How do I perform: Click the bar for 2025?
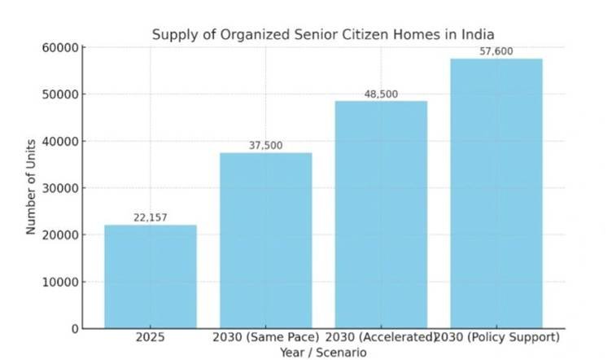pos(151,276)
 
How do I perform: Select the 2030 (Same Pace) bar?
pos(266,240)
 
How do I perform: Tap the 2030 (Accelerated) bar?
pos(381,215)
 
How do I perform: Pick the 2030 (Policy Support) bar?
pos(496,194)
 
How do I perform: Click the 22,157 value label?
pos(151,218)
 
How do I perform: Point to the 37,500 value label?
pos(266,146)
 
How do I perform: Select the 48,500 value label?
pos(381,94)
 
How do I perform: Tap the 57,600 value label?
pos(496,51)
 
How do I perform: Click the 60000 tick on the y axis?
pos(60,47)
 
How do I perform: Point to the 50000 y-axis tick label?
pos(60,94)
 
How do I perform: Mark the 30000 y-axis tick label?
pos(60,188)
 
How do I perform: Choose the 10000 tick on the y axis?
pos(60,282)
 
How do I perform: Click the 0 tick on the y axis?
pos(76,329)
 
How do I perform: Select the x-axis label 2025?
pos(151,337)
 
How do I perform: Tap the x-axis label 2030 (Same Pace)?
pos(266,337)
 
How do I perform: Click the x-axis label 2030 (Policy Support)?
pos(496,337)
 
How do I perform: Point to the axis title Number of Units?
pos(31,187)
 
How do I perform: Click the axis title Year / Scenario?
pos(324,353)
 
